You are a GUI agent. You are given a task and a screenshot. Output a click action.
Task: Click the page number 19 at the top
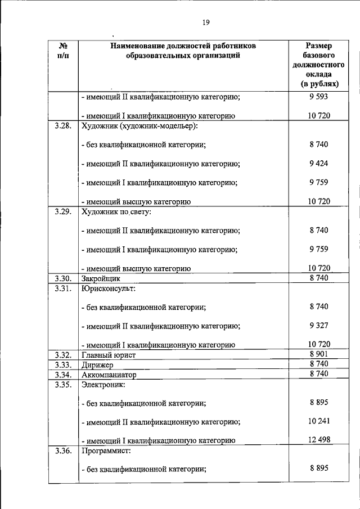[205, 22]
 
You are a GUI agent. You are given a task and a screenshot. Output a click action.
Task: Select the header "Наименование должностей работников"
[183, 46]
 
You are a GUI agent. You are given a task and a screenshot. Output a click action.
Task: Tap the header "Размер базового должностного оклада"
[318, 65]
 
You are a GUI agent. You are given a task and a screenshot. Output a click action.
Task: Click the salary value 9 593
[318, 96]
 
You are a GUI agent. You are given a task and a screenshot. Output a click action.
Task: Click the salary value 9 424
[318, 164]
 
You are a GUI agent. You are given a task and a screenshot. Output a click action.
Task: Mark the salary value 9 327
[318, 326]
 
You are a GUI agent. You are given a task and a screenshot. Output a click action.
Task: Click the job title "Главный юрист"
[109, 355]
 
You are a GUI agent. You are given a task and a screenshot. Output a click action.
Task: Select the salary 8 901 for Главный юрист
[318, 354]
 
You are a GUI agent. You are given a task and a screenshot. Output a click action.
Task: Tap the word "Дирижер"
[98, 364]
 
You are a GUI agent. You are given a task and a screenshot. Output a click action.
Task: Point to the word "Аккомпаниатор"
[109, 375]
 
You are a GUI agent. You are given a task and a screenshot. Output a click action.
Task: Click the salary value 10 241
[318, 421]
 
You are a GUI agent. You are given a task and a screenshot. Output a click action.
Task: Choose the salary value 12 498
[318, 440]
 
